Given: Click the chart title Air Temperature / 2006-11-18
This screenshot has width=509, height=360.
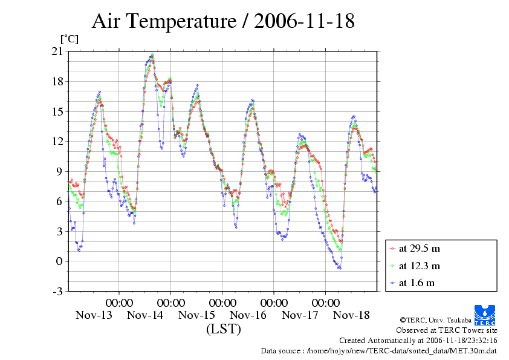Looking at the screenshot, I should [x=223, y=22].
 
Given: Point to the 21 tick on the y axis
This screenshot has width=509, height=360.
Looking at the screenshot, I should [x=57, y=51].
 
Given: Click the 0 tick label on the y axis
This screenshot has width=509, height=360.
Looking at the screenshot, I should [x=59, y=261].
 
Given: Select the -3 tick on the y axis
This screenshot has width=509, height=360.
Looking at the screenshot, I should [x=57, y=292].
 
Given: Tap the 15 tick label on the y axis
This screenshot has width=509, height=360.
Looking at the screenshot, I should [x=57, y=111].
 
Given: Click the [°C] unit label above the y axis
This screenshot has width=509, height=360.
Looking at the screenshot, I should [x=68, y=39].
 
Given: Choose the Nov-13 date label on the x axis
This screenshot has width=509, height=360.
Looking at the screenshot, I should [x=94, y=315].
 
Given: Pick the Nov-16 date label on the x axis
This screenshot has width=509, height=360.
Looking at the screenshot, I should [x=248, y=315].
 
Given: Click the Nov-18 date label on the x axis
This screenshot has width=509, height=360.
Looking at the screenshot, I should [x=351, y=315].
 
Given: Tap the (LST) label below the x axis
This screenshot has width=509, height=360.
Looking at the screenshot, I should [x=223, y=330].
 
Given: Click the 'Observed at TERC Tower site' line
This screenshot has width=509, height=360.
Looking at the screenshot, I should [x=446, y=330].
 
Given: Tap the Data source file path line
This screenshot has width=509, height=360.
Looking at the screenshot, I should [x=378, y=350].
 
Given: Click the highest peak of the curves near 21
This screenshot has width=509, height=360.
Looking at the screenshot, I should [x=152, y=54].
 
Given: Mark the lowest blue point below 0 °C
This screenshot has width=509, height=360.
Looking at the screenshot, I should [x=340, y=268].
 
